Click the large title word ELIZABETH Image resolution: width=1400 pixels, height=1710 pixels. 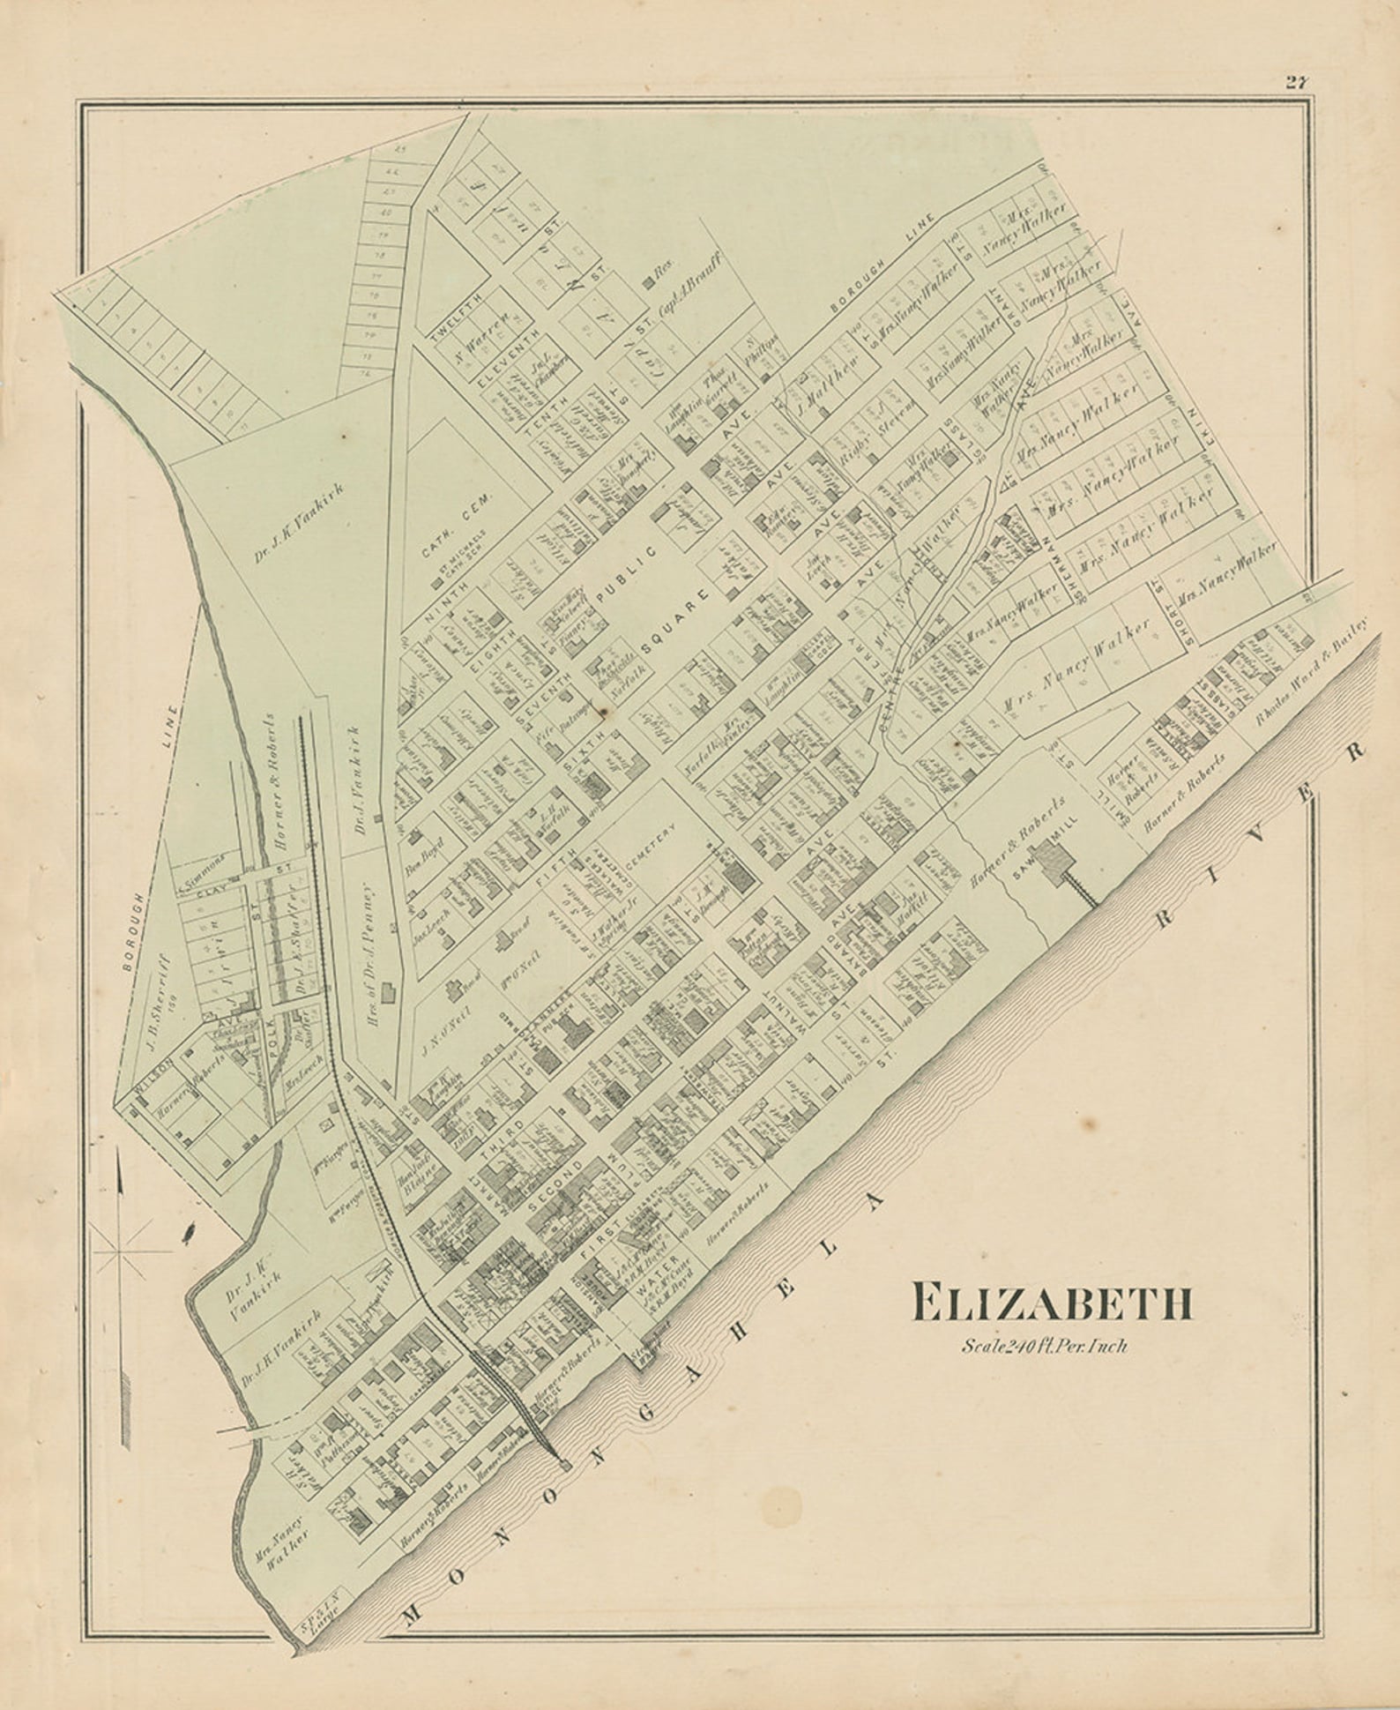1053,1303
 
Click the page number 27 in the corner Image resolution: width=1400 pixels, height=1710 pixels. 1296,84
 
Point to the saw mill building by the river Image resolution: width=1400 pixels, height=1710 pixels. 1052,856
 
